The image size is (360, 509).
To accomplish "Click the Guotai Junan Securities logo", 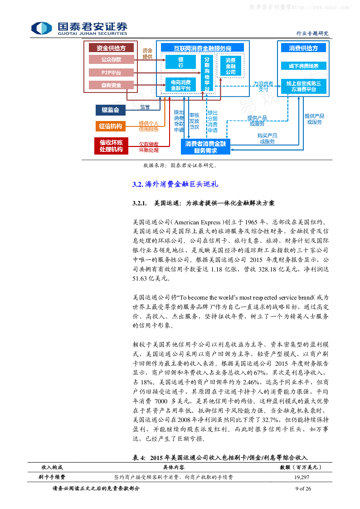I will pos(79,29).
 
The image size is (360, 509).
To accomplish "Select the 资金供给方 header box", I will pos(111,48).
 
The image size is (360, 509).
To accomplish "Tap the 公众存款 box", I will pos(111,59).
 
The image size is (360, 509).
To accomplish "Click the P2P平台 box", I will pos(111,73).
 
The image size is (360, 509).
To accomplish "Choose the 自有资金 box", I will pos(111,85).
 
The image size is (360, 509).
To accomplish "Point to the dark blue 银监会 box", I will pos(110,110).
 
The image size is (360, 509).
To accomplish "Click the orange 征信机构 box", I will pos(111,126).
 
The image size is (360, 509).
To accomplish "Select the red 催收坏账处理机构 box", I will pos(111,145).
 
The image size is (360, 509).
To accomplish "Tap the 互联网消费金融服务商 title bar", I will pos(202,48).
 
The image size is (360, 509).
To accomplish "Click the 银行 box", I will pos(180,62).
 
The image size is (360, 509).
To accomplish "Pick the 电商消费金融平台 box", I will pos(180,85).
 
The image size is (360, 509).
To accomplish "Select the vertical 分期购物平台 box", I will pos(207,73).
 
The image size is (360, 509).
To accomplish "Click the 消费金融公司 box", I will pos(230,66).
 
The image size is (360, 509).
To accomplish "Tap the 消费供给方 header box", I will pos(303,48).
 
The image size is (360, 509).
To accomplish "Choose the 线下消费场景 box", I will pos(303,66).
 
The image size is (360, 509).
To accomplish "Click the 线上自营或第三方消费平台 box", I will pos(303,86).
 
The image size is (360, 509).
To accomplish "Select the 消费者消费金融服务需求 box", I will pos(205,146).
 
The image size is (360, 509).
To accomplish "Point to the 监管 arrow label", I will pos(145,107).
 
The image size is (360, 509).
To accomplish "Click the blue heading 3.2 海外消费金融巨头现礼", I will pos(175,184).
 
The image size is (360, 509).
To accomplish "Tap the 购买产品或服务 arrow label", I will pos(267,138).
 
